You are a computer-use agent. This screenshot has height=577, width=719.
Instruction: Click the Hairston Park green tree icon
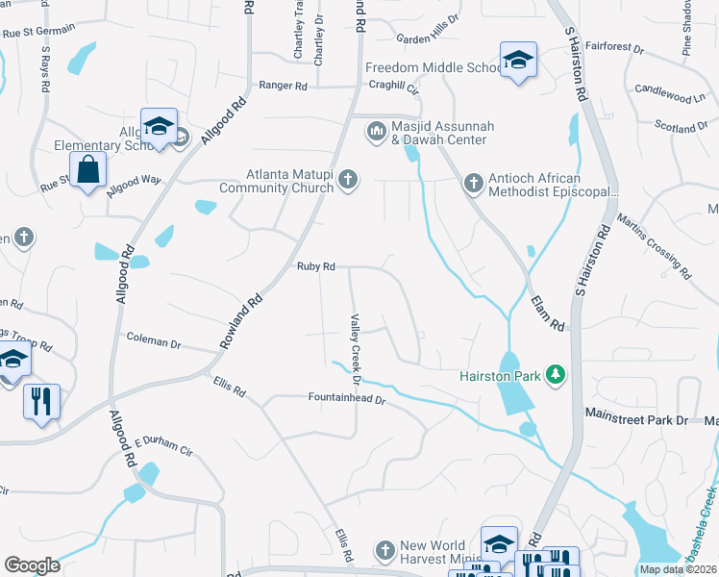tap(555, 372)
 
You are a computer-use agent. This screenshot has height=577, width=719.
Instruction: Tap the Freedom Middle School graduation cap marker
tap(517, 61)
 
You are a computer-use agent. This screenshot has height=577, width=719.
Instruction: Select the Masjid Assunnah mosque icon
tap(376, 130)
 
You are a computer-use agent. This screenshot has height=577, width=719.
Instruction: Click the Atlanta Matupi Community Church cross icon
tap(348, 179)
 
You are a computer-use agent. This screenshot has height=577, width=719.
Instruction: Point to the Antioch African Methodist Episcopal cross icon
tap(472, 182)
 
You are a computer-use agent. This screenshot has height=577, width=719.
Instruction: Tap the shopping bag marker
tap(88, 170)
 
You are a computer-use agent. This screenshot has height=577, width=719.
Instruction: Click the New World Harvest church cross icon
tap(384, 550)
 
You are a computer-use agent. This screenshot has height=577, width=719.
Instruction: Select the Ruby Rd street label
tap(315, 266)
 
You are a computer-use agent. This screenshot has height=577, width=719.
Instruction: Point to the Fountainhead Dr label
tap(346, 397)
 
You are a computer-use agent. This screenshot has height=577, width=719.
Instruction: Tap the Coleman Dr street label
tap(154, 341)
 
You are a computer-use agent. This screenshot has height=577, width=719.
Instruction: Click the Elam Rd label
tap(548, 314)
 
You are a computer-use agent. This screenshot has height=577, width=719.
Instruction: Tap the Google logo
tap(32, 565)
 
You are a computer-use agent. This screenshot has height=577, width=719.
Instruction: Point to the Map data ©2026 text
tap(679, 568)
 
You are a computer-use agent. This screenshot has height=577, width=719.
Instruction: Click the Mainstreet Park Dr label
tap(636, 420)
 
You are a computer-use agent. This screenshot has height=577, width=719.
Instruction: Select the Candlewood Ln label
tap(671, 96)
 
